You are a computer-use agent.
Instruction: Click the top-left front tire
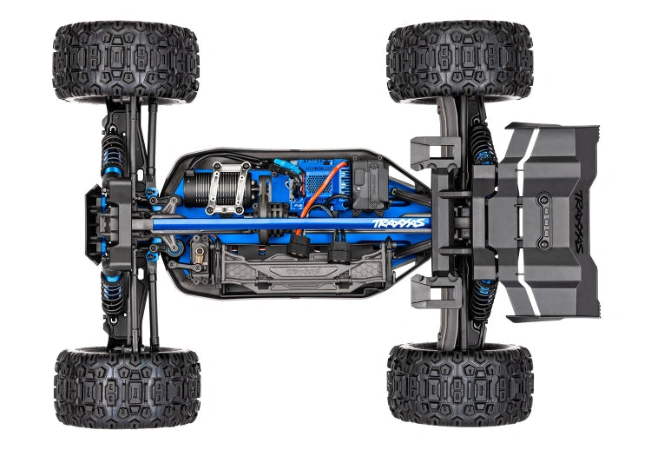(x=126, y=62)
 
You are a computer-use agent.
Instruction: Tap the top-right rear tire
(x=459, y=60)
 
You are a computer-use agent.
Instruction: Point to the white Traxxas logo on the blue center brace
(x=399, y=223)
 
